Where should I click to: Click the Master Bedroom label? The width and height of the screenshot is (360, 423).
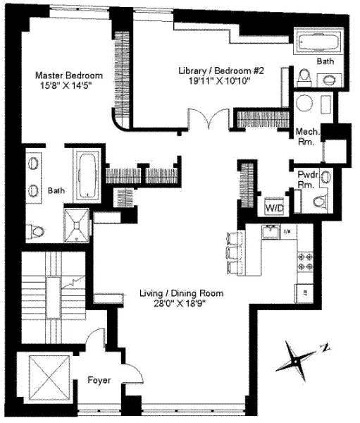coord(70,75)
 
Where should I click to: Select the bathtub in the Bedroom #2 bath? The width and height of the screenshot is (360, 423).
coord(317,42)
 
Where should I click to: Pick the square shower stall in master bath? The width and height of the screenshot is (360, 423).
coord(75,223)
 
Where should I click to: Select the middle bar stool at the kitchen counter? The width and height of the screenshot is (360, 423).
coord(232,252)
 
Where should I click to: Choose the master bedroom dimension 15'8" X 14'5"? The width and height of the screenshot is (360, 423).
coord(70,87)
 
